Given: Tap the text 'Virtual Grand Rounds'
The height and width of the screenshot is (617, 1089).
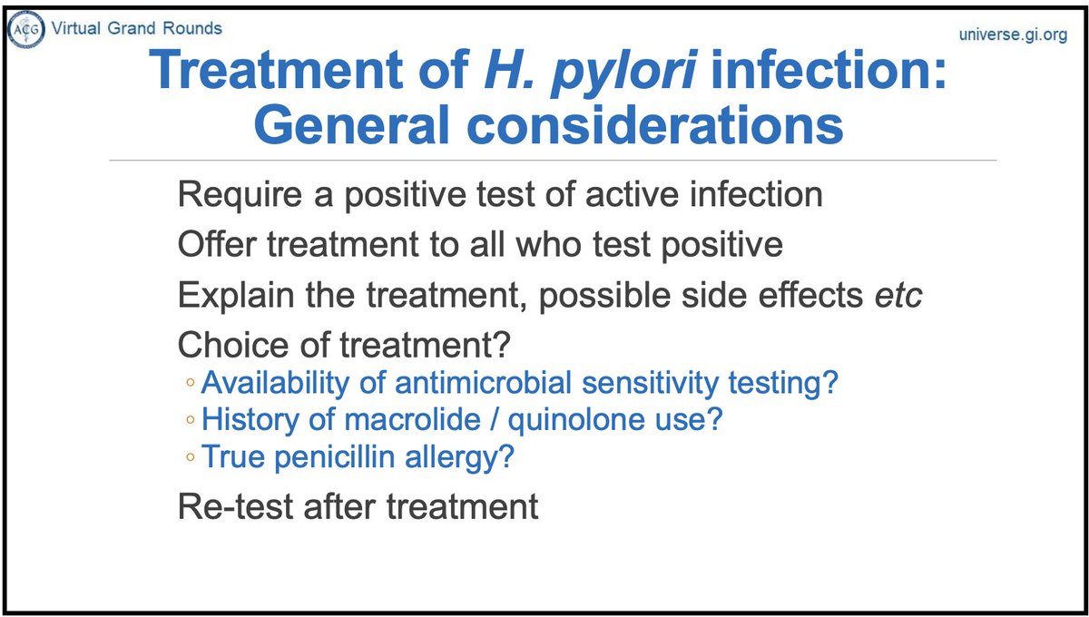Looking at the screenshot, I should tap(137, 28).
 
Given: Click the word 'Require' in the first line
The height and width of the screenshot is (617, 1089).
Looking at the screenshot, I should tap(231, 195).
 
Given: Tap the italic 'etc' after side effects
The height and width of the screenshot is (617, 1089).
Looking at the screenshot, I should tap(896, 295).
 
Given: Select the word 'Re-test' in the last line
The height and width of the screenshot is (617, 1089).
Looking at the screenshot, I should tap(232, 505).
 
